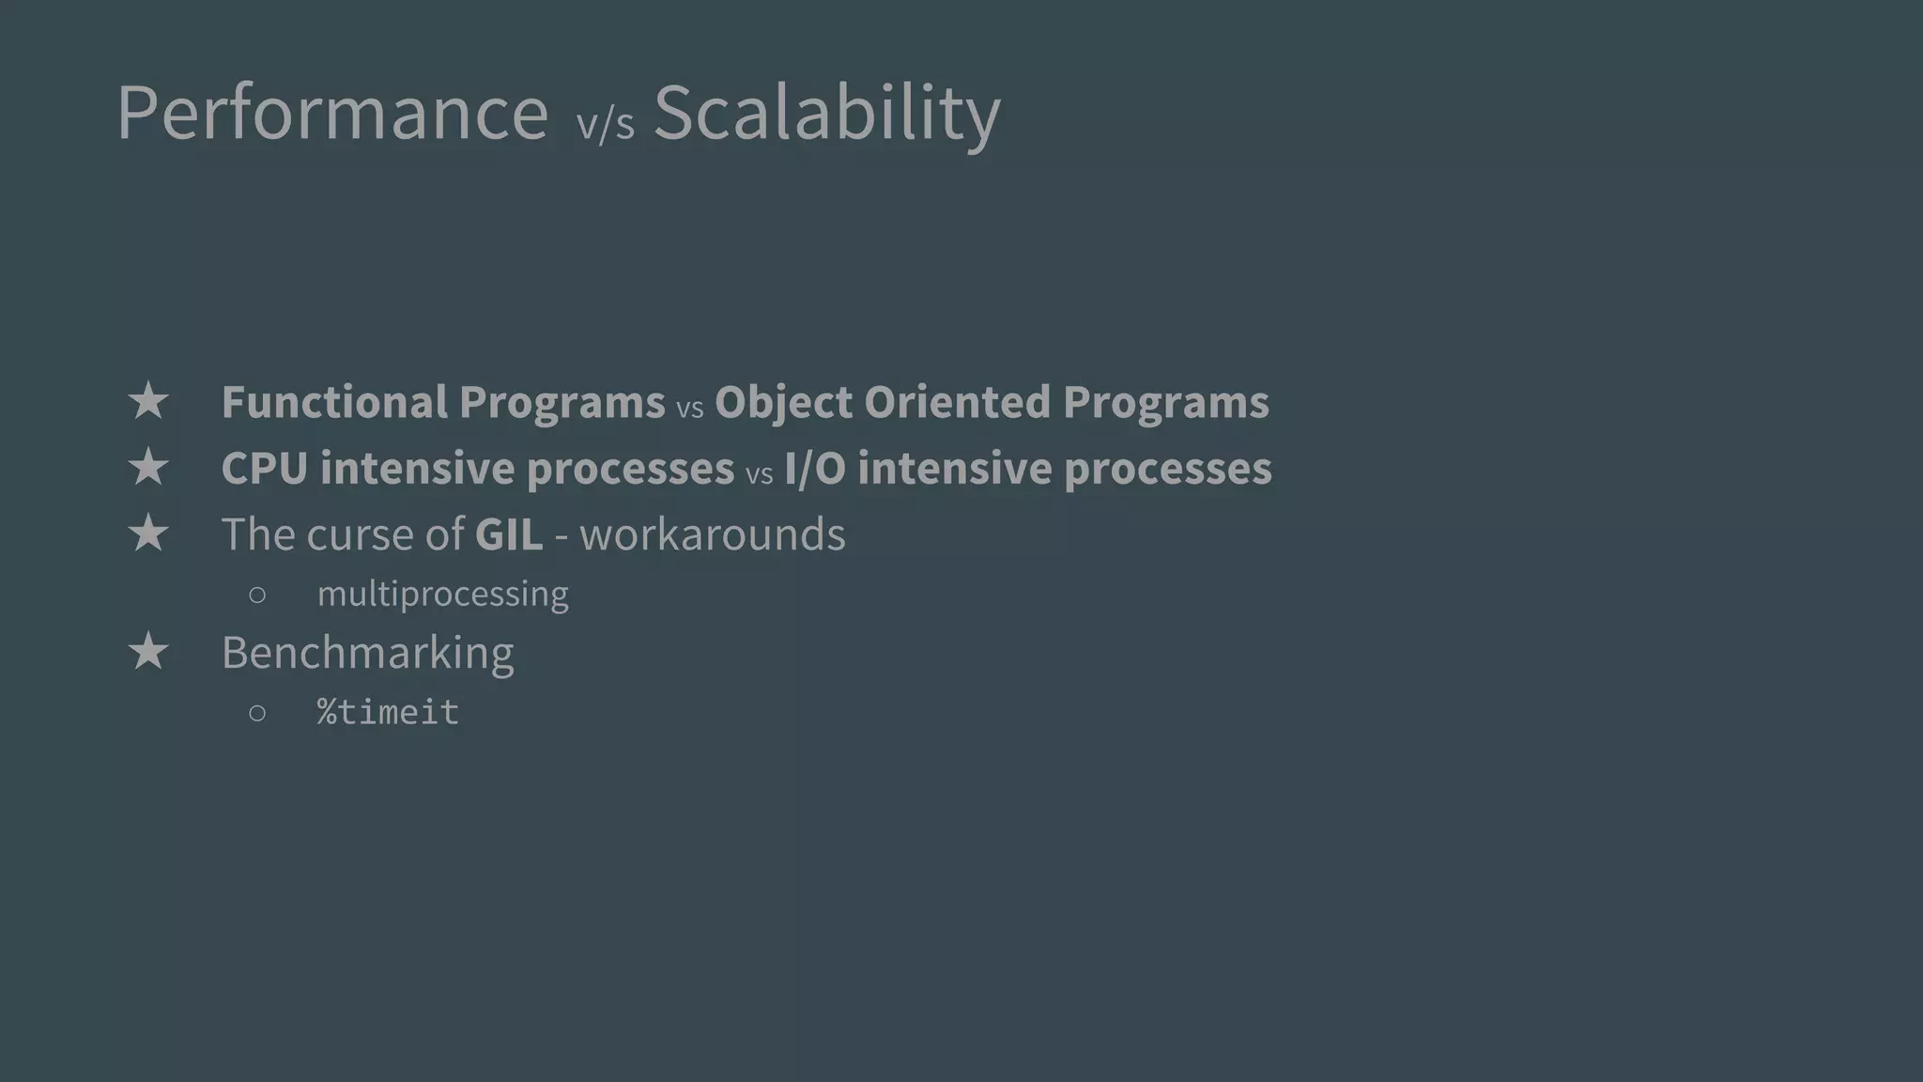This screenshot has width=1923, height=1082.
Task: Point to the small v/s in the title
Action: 605,124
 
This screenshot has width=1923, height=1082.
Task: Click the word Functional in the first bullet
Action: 334,402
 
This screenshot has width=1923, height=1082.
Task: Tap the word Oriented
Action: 957,402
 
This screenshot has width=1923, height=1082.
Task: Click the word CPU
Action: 264,468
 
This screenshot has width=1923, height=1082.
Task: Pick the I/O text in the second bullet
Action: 814,468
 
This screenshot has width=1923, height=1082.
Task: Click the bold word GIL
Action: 508,534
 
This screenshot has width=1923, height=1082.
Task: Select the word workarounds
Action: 712,534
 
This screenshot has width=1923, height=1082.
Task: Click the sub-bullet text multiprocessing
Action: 442,594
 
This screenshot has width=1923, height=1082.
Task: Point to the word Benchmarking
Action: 367,652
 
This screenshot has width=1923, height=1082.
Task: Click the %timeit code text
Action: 388,712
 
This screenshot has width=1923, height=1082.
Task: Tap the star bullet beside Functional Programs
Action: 148,402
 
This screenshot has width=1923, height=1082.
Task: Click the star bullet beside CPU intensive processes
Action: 148,468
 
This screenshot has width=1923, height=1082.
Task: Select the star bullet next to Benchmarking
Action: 148,652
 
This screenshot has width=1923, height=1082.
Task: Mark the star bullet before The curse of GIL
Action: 148,534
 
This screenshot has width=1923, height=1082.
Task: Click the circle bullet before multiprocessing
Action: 257,595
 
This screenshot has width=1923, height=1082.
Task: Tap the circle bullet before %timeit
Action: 257,713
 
